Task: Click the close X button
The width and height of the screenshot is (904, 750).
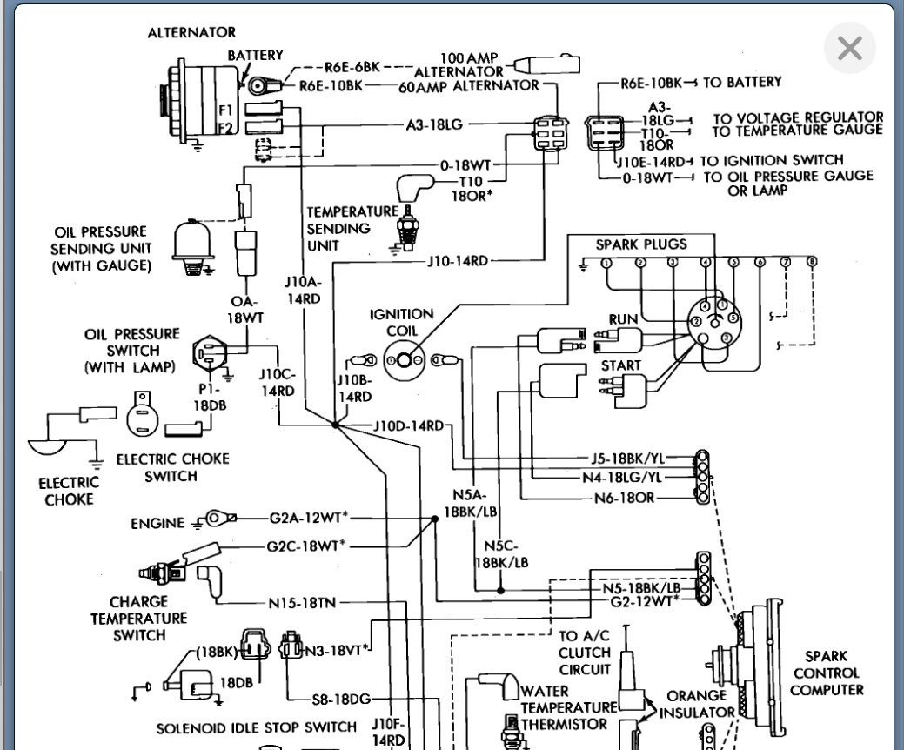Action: point(850,48)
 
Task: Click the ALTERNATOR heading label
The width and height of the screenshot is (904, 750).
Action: point(191,32)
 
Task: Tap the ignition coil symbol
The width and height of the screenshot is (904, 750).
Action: point(405,361)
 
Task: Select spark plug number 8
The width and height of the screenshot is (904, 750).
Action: point(812,262)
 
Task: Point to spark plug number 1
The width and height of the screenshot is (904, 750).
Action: point(606,264)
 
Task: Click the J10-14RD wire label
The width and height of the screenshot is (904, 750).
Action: point(458,261)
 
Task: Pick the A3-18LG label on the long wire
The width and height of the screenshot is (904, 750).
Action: point(434,124)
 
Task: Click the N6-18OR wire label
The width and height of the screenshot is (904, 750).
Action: point(625,498)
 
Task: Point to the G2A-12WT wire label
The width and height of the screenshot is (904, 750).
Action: point(309,518)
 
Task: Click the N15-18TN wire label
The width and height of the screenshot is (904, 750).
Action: point(302,603)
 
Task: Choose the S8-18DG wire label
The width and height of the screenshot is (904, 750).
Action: point(341,700)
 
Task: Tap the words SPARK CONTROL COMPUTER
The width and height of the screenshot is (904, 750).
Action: point(827,673)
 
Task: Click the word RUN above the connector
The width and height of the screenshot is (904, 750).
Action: point(623,319)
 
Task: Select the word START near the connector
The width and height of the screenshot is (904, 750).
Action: point(621,365)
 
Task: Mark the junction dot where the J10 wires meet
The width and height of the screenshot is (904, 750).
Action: point(336,425)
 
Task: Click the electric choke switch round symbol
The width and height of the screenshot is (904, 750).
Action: point(143,415)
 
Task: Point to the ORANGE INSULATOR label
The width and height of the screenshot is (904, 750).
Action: point(697,705)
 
